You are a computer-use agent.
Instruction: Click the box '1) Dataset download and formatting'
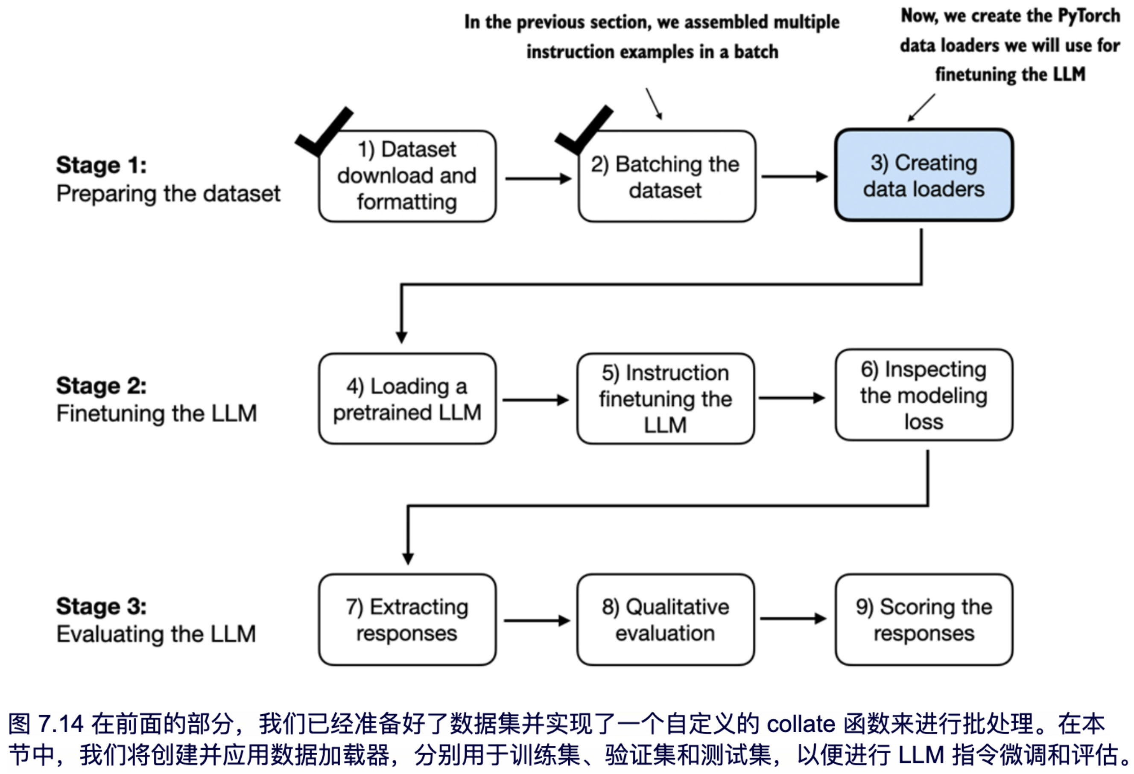click(407, 176)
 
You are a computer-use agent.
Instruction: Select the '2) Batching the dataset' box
click(666, 176)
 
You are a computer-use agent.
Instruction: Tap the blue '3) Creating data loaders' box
click(924, 175)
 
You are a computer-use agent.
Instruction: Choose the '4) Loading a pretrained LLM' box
click(407, 399)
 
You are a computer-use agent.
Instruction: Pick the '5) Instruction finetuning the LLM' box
click(666, 399)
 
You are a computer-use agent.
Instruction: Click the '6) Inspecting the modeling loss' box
click(924, 395)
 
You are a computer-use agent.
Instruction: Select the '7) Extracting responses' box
click(407, 620)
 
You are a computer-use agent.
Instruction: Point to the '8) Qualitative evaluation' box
click(666, 620)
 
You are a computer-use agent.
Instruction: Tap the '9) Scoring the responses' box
click(924, 620)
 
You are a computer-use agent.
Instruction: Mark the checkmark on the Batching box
click(584, 131)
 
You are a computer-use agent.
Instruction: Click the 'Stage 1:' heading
click(102, 165)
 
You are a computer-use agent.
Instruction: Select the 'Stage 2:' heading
click(102, 385)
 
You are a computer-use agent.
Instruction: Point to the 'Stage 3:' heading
click(102, 606)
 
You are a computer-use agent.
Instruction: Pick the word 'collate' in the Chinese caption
click(801, 724)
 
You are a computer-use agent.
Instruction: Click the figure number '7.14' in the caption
click(61, 724)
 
